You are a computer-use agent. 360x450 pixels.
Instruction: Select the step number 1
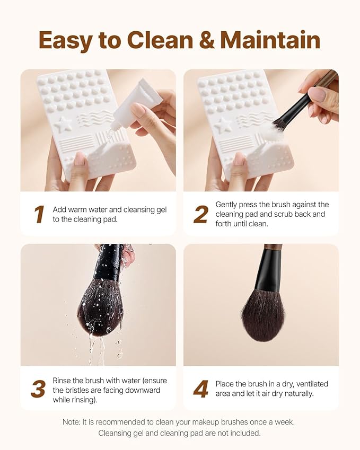[x=39, y=215]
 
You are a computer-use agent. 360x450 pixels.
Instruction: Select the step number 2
[x=201, y=215]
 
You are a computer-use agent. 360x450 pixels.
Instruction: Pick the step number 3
[x=38, y=390]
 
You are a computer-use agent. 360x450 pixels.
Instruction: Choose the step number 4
[x=201, y=390]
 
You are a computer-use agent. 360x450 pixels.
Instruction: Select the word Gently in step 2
[x=227, y=205]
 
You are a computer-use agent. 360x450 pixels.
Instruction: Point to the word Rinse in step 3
[x=63, y=381]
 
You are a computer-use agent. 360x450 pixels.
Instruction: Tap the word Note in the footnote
[x=72, y=422]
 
